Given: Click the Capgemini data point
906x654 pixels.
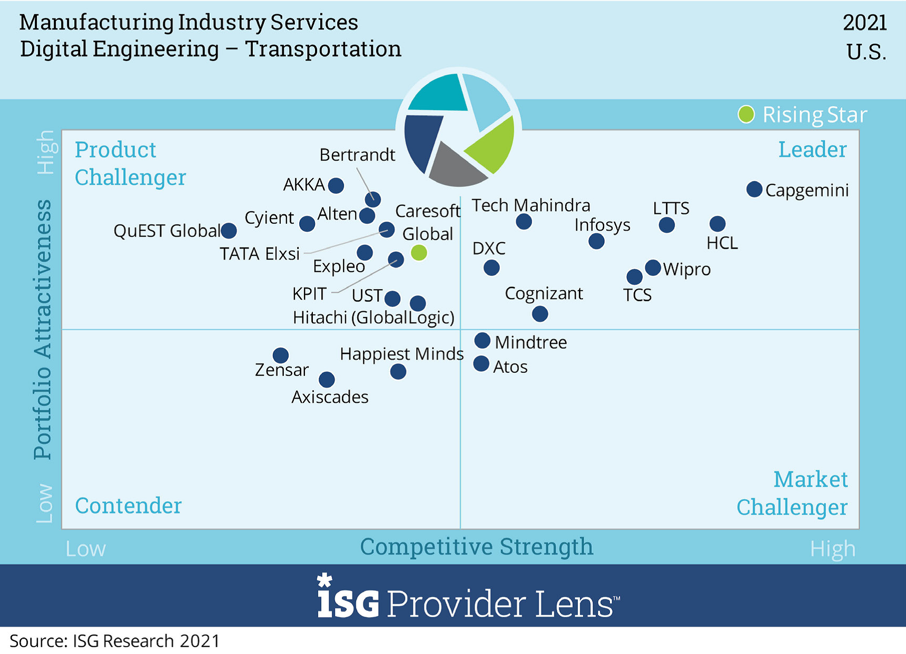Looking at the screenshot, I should point(754,189).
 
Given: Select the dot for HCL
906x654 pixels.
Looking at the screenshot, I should point(717,224).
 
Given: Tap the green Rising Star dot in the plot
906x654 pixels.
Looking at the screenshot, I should point(419,253).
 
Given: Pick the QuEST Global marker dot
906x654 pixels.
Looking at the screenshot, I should point(229,230).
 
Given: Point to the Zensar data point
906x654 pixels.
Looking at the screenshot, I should point(281,355).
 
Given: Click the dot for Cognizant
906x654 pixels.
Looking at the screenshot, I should point(540,314).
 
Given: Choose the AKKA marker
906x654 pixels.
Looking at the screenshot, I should point(336,185).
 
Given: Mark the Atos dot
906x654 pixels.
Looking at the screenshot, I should point(481,364).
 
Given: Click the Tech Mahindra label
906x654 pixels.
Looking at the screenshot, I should point(530,205).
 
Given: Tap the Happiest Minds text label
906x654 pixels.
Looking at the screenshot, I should point(401,354).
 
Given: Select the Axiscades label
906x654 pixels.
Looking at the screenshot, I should point(330,397).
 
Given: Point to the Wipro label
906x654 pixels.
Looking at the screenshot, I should point(687,269).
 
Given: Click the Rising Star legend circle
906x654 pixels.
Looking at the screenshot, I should point(746,114).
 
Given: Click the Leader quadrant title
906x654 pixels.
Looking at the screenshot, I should point(812,150).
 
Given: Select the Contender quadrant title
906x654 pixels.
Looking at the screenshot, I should point(128,506).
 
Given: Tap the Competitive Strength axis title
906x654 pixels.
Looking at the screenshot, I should point(476,547).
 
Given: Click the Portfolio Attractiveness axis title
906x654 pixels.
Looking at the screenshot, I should point(43,329).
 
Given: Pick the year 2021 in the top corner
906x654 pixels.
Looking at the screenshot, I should point(864,23).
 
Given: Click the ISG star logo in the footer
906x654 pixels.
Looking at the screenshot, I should point(324,580).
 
